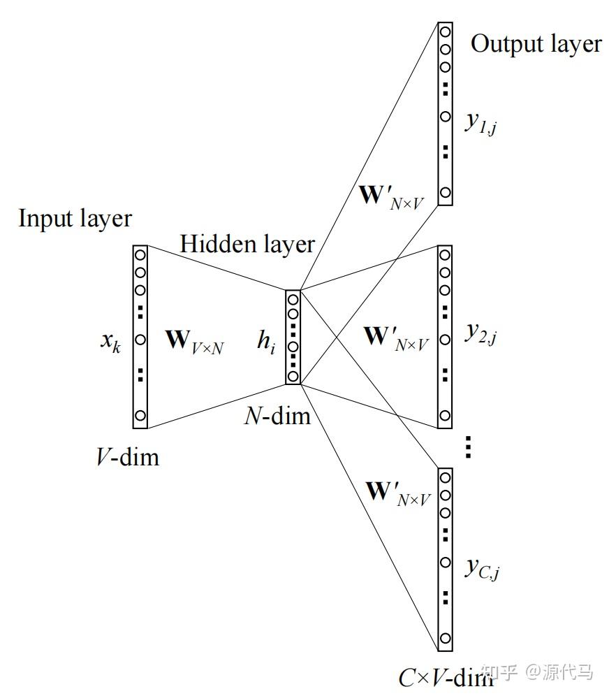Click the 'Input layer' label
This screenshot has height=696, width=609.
click(75, 219)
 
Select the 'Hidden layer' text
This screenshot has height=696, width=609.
click(247, 245)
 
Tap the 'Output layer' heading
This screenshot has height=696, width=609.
click(536, 44)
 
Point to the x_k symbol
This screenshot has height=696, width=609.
click(110, 343)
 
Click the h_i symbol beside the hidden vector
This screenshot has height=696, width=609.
click(265, 343)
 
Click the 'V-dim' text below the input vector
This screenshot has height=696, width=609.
click(127, 457)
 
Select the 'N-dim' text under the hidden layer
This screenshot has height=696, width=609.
click(277, 416)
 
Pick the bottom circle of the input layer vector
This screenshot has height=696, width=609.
click(140, 416)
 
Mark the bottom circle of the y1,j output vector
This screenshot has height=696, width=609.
click(446, 192)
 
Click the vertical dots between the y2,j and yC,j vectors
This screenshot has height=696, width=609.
click(469, 447)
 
